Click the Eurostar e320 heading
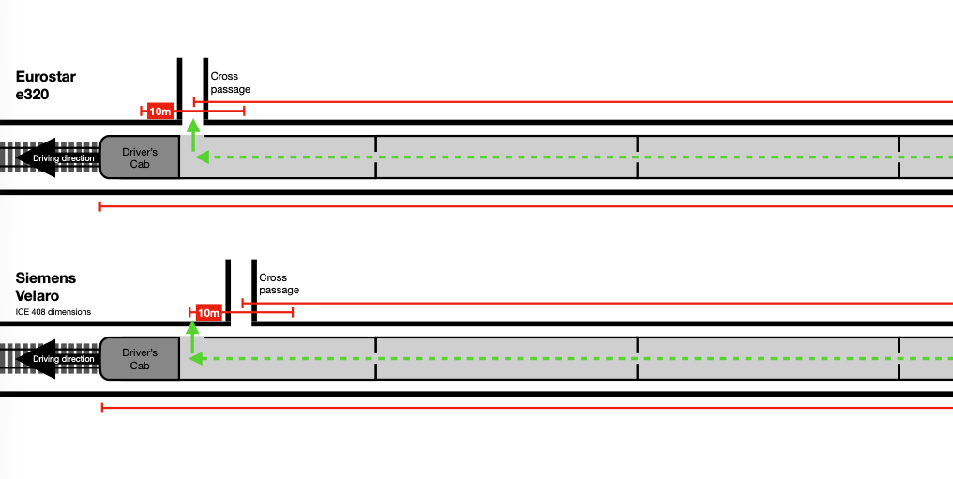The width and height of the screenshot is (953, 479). coord(46,84)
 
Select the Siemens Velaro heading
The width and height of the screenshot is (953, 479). coord(46,286)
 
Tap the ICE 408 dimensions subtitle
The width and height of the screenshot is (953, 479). coord(53,312)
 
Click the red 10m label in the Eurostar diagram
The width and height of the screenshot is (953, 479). coord(160,112)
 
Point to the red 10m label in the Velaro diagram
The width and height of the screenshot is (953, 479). coord(208,313)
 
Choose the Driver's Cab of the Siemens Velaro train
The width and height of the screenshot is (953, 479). coord(140,358)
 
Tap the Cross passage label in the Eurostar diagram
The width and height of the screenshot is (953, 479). coord(231,82)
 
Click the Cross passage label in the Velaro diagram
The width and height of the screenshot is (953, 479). coord(280,284)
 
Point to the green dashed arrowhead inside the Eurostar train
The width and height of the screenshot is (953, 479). coord(202,157)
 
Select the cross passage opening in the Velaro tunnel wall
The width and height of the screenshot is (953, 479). coord(241,292)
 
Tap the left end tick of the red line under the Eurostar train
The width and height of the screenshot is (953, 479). coord(99,205)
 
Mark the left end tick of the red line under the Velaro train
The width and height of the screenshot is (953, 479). coord(100,407)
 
